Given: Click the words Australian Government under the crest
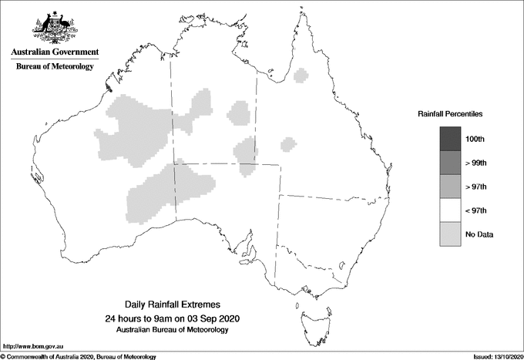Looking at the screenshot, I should [x=55, y=52].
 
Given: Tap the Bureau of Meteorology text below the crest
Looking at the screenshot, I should [x=55, y=67].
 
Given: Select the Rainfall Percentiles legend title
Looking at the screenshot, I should [x=450, y=113].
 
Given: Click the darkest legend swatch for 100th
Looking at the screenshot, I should [x=450, y=139].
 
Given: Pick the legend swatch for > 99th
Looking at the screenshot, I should [x=450, y=163].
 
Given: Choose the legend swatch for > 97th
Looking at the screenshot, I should [x=450, y=187].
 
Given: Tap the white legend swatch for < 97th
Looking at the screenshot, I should [x=450, y=210].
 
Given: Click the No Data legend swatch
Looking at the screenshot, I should [x=450, y=234].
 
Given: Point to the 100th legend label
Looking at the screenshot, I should [x=476, y=140].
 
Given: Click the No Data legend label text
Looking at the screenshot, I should [x=479, y=234].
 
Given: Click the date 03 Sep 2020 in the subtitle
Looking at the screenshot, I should [x=210, y=318].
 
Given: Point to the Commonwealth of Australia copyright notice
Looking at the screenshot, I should [x=79, y=356].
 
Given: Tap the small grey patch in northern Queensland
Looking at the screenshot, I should [x=301, y=76].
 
